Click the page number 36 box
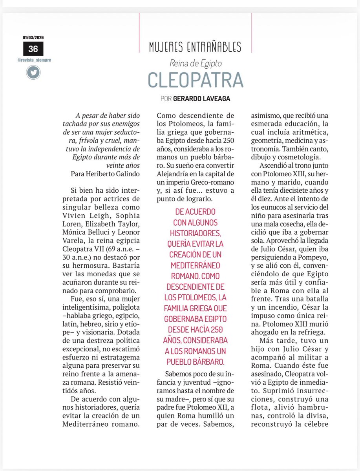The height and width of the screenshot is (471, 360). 33,49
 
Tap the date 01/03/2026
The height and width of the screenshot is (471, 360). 33,38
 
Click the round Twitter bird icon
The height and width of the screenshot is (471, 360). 33,72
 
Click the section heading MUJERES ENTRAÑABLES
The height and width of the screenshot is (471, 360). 195,48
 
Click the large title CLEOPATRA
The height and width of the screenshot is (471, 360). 195,80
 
